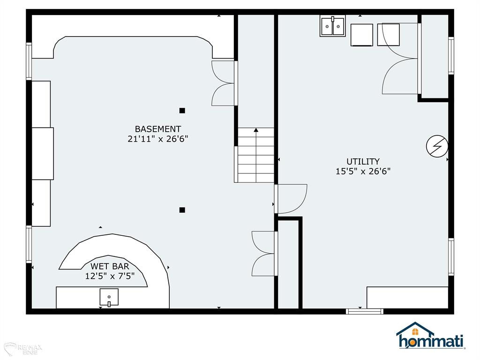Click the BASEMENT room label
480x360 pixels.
click(x=158, y=129)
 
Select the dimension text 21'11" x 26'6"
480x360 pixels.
click(x=157, y=139)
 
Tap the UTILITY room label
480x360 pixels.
click(x=363, y=161)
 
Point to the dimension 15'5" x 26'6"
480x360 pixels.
click(x=363, y=171)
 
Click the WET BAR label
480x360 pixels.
click(x=110, y=266)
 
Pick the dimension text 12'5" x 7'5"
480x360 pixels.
click(x=110, y=276)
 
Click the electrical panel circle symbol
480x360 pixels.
click(x=437, y=146)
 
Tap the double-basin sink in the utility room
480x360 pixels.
click(x=332, y=26)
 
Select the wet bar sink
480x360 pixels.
click(x=109, y=297)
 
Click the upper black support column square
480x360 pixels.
click(x=182, y=111)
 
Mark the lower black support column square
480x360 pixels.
click(x=182, y=210)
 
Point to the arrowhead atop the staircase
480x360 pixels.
click(x=256, y=130)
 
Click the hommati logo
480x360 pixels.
click(x=431, y=336)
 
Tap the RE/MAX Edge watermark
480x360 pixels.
click(x=23, y=349)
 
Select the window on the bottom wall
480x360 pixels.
click(x=365, y=311)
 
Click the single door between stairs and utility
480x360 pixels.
click(x=291, y=199)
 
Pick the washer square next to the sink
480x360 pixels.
click(x=361, y=35)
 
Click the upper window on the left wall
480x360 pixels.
click(x=29, y=61)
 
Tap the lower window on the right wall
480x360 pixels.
click(x=451, y=257)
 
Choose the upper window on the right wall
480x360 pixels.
click(x=451, y=55)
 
